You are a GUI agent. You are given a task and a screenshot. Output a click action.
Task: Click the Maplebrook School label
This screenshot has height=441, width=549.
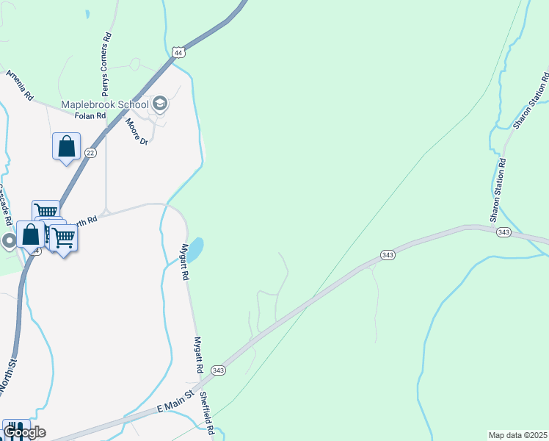click(104, 104)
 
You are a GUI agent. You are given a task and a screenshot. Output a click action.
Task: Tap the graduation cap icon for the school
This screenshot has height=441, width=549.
click(161, 104)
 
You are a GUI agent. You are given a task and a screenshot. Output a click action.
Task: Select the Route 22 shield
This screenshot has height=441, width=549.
click(90, 152)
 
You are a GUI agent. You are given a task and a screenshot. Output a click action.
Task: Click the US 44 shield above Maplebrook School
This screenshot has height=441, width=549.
click(178, 52)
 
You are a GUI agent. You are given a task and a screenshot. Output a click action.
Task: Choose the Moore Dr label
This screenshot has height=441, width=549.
click(137, 132)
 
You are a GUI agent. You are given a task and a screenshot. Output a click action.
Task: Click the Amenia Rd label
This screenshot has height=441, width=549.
click(20, 85)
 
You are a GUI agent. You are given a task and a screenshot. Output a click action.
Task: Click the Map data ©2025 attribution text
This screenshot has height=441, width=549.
click(517, 435)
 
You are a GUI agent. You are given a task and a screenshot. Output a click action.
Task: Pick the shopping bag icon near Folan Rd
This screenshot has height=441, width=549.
click(67, 146)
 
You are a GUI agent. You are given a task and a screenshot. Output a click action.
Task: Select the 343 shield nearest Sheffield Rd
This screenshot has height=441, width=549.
click(218, 369)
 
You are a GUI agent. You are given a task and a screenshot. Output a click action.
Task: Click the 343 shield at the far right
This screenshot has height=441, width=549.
click(503, 232)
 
